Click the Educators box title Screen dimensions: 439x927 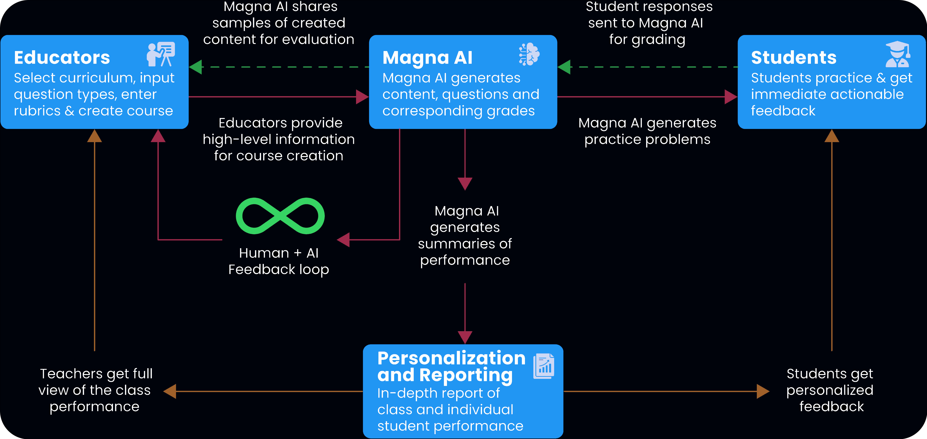tap(62, 58)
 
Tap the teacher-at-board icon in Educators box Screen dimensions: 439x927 tap(161, 54)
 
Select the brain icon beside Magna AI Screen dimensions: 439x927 tap(529, 54)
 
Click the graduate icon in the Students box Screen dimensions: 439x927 tap(898, 55)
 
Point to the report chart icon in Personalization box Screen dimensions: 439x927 tap(544, 366)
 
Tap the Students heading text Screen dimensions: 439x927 tap(793, 58)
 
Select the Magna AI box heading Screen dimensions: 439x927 tap(427, 58)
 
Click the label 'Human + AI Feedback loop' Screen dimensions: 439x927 tap(279, 261)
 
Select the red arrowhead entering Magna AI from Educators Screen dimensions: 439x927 tap(362, 97)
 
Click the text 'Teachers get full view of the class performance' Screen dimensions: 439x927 tap(95, 390)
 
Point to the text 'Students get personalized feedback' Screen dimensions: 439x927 tap(830, 390)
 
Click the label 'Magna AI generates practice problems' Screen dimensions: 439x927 tap(647, 131)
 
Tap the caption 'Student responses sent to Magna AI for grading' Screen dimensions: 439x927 tap(647, 23)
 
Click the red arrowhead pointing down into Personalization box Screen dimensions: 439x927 tap(465, 337)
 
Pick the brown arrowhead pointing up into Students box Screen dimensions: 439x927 tap(832, 136)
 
